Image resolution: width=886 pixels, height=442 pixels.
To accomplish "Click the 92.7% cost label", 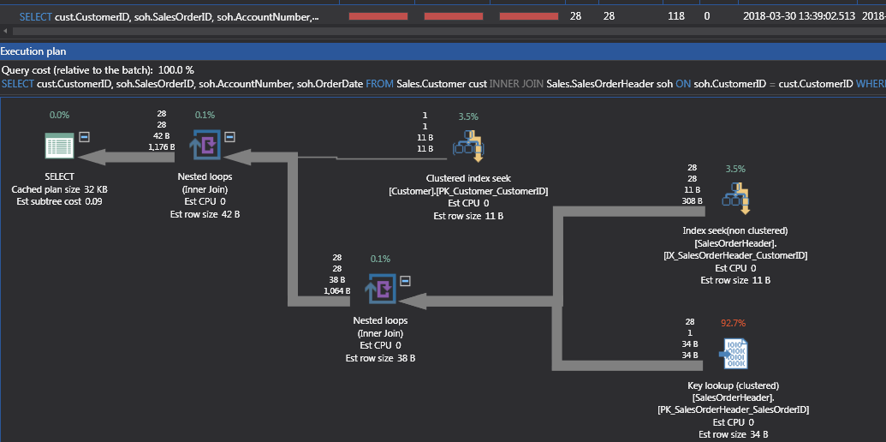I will [734, 323].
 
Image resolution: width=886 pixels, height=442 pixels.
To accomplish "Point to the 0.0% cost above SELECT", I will [59, 114].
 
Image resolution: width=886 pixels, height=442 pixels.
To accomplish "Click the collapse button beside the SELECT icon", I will [85, 136].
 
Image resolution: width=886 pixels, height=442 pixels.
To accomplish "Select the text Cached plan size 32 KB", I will [59, 189].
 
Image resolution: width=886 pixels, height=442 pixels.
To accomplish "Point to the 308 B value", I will [692, 200].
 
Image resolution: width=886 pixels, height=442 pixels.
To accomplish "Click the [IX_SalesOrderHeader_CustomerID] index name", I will [735, 255].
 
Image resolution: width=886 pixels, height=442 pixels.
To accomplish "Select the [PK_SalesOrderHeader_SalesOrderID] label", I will [734, 410].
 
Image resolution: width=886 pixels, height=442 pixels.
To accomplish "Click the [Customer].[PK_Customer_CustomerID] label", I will [468, 191].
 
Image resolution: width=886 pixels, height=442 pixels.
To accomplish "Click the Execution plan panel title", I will [33, 52].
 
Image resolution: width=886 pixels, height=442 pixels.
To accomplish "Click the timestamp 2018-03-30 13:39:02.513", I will [798, 16].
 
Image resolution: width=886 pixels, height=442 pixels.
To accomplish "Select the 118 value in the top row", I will [676, 16].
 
